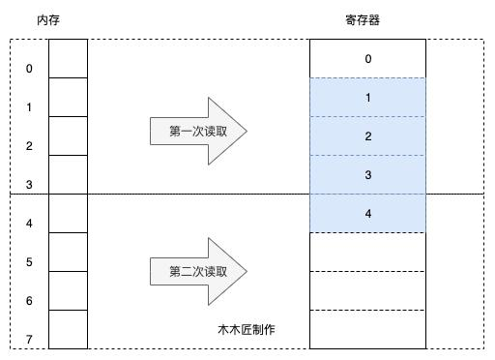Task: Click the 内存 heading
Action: pos(49,19)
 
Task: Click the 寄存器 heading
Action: pos(367,19)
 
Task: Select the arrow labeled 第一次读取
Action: pos(198,132)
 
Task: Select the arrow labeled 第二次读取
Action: pos(198,272)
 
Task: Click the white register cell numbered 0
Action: pos(367,59)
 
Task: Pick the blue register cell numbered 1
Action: pos(367,98)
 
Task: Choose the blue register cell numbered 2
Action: pos(367,136)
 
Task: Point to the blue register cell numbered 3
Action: pos(367,175)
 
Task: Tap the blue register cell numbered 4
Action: pos(367,214)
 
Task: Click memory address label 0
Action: pos(29,69)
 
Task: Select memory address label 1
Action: pos(29,107)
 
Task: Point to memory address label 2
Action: pos(29,146)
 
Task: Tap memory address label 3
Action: pos(29,185)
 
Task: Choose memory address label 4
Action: pos(29,224)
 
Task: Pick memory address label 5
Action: pos(29,262)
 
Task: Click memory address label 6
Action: pos(29,301)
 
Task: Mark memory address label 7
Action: pos(29,340)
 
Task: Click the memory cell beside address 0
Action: pos(68,58)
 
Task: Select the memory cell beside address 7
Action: pos(68,329)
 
